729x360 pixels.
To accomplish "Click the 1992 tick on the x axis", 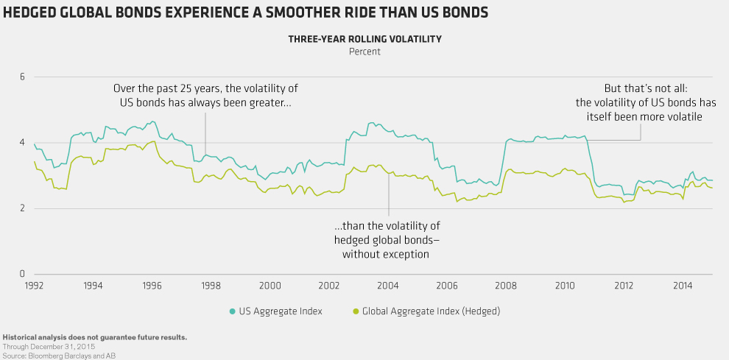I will point(34,284).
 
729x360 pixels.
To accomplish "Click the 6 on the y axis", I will point(22,77).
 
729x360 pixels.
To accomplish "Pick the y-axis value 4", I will point(22,143).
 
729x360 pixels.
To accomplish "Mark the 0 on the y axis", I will point(22,274).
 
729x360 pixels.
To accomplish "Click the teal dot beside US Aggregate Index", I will point(232,311).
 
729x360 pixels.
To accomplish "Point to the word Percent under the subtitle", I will point(364,52).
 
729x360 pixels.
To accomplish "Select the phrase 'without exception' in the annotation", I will point(386,253).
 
